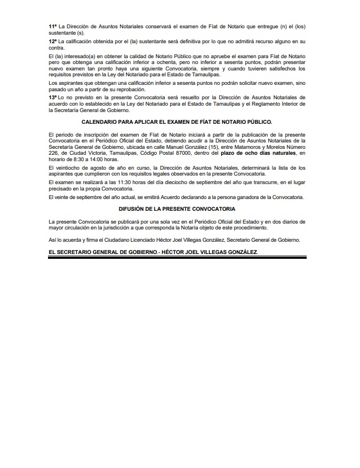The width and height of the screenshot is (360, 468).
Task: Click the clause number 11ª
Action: tap(52, 26)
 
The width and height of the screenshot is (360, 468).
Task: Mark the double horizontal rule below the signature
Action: tap(177, 257)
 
